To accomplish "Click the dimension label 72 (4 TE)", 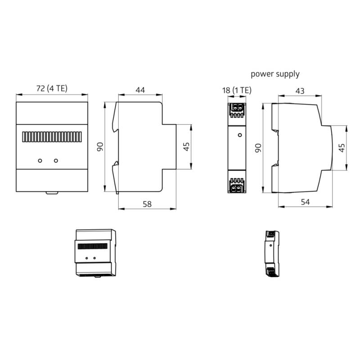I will click(x=51, y=89).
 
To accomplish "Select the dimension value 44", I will click(x=140, y=90).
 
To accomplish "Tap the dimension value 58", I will click(x=147, y=204).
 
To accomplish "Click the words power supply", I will click(x=275, y=74).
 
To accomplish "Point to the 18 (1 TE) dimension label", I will click(x=237, y=90).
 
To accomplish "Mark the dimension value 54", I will click(x=305, y=202).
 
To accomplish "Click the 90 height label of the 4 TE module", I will click(x=100, y=147).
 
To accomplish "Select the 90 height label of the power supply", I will click(x=258, y=148).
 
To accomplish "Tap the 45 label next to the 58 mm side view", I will click(x=186, y=147).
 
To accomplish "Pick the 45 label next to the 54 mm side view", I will click(x=342, y=148).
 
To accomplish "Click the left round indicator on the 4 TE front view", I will click(x=40, y=160).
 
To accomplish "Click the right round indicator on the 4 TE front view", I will click(x=56, y=160).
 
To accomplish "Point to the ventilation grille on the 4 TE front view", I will click(x=51, y=136).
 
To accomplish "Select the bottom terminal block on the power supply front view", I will click(x=237, y=185).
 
